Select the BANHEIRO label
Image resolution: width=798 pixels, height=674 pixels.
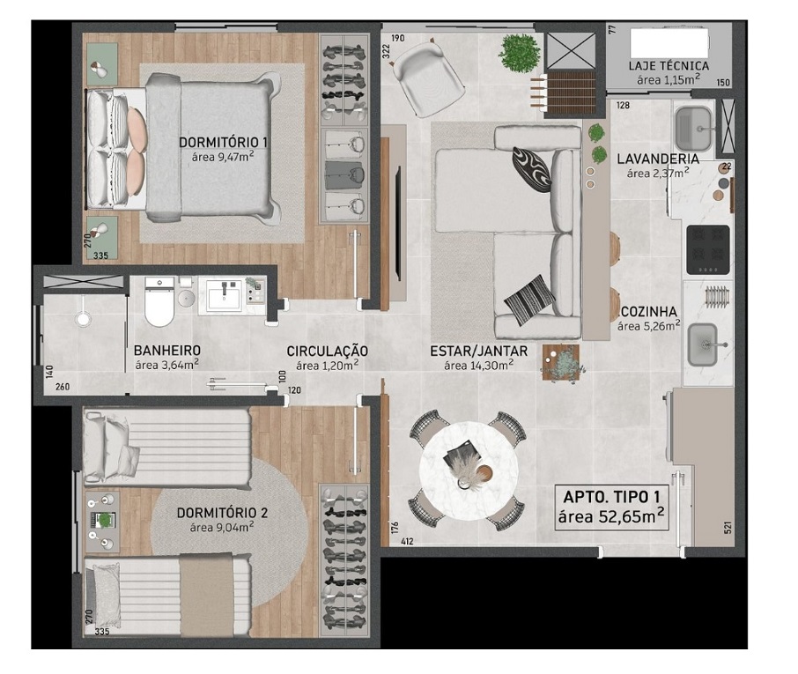pos(167,351)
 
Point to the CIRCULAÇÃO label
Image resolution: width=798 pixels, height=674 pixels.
pos(328,351)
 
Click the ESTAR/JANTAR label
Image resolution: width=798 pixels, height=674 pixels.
pos(478,351)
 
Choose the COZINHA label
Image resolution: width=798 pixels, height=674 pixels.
pos(649,312)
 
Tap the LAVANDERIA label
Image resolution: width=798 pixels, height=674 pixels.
pos(658,159)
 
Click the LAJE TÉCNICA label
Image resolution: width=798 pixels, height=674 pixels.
pos(669,66)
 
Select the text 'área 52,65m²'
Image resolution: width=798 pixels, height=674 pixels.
pos(611,516)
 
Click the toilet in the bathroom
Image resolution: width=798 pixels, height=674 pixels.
pos(159,302)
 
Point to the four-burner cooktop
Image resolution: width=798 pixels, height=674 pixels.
pos(708,250)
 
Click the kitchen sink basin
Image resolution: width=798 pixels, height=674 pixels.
pos(702,345)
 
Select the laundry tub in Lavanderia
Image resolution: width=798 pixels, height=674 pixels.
pos(693,129)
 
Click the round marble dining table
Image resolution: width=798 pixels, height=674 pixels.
pos(469,470)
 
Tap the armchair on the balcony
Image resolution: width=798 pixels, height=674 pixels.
pos(429,78)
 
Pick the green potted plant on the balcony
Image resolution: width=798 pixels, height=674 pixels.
pos(520,54)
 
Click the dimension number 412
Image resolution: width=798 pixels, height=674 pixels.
pos(407,542)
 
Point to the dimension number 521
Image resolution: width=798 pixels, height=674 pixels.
pos(728,528)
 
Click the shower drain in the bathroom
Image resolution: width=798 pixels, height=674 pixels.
pos(82,319)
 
